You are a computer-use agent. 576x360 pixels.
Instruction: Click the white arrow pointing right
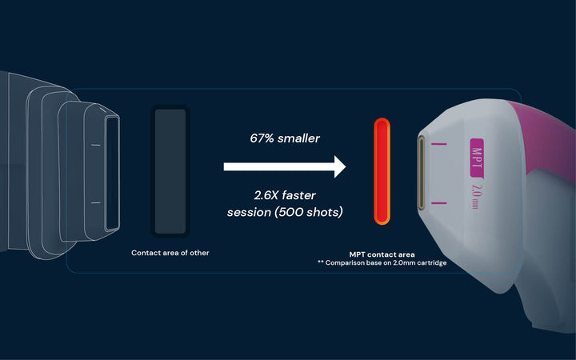(x=285, y=166)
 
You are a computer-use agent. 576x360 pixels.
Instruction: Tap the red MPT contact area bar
(x=382, y=171)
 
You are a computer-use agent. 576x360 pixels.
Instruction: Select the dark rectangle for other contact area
(x=170, y=171)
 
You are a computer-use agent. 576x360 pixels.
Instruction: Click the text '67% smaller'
(x=285, y=138)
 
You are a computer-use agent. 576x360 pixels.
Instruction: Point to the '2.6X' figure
(x=266, y=195)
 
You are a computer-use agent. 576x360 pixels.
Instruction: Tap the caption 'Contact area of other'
(x=170, y=253)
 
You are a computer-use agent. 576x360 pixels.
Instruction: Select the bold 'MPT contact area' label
(x=382, y=254)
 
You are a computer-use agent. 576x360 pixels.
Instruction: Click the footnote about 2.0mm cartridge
(x=382, y=263)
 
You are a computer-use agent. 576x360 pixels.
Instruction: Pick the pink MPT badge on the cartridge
(x=477, y=158)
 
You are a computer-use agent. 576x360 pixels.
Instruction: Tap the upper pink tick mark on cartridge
(x=439, y=144)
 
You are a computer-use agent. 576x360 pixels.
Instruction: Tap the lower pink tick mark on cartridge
(x=439, y=202)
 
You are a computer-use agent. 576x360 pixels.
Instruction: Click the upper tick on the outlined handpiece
(x=96, y=145)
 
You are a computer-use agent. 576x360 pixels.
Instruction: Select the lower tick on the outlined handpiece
(x=96, y=202)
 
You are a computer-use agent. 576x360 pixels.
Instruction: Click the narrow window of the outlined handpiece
(x=113, y=174)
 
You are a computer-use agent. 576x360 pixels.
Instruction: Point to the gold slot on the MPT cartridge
(x=421, y=173)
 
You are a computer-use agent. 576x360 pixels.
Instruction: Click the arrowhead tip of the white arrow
(x=346, y=166)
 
